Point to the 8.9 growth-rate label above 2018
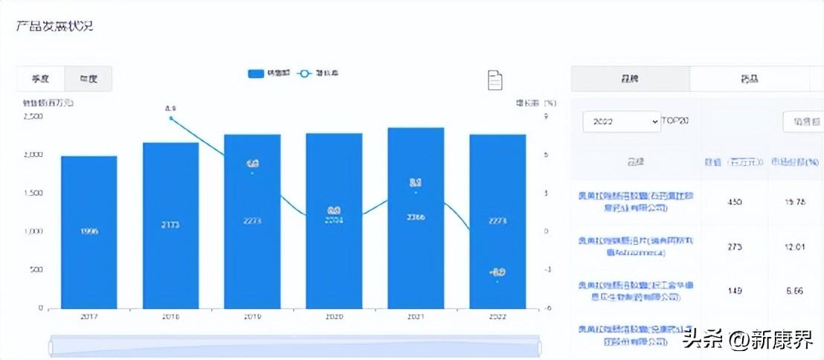pyautogui.click(x=170, y=109)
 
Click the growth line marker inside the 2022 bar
pyautogui.click(x=498, y=281)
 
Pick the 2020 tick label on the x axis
pyautogui.click(x=334, y=316)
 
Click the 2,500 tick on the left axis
pyautogui.click(x=33, y=116)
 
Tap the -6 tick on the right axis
pyautogui.click(x=547, y=308)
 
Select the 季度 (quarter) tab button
pyautogui.click(x=41, y=78)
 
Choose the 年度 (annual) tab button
pyautogui.click(x=88, y=78)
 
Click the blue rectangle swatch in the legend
pyautogui.click(x=256, y=74)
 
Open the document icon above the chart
pyautogui.click(x=495, y=80)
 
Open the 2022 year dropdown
pyautogui.click(x=622, y=121)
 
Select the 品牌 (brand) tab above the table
pyautogui.click(x=631, y=78)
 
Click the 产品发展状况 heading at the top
pyautogui.click(x=54, y=26)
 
